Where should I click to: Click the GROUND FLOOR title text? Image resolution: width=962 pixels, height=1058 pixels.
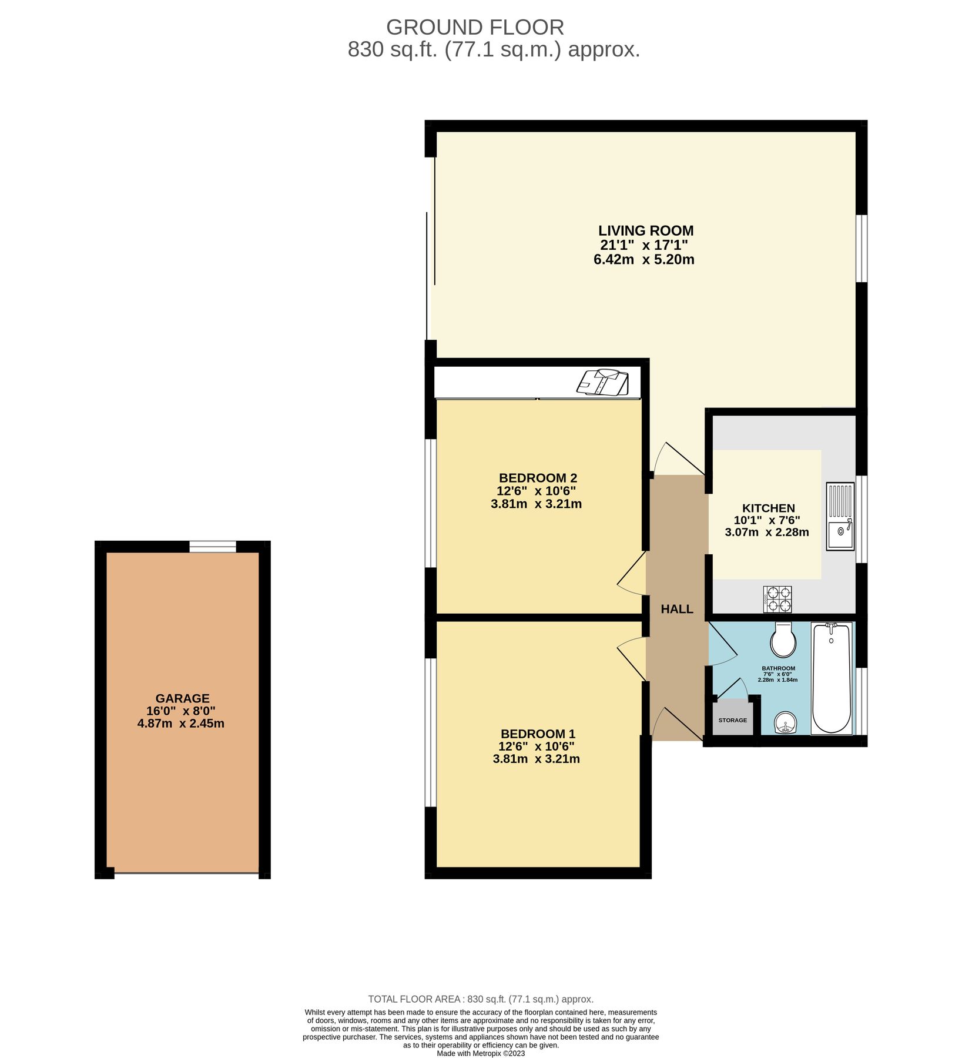(475, 28)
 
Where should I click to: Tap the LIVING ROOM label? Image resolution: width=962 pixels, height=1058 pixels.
(646, 230)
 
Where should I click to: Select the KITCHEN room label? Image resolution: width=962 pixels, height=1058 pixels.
(768, 508)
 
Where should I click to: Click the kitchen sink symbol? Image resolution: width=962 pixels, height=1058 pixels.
(840, 517)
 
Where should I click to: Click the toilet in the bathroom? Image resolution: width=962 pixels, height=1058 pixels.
(783, 640)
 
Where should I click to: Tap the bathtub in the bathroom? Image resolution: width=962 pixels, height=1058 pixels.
(831, 678)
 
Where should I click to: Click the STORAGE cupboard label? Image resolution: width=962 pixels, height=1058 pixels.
(732, 720)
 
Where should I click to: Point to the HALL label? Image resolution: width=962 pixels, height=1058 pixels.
(676, 609)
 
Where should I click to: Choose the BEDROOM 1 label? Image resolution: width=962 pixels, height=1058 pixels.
(538, 734)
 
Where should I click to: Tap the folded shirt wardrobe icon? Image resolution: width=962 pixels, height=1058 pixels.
(603, 383)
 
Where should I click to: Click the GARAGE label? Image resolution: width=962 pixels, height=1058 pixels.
(182, 698)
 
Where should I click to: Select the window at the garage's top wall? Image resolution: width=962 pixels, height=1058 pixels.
(213, 547)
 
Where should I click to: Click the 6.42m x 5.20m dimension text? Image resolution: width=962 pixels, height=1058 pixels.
(644, 259)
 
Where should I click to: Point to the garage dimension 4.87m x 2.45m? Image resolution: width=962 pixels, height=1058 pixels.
(181, 724)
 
